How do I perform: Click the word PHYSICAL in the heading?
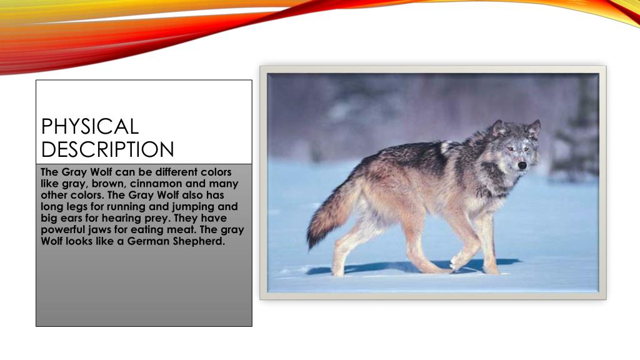89,126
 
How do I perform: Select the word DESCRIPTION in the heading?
107,150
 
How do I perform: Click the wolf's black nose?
522,166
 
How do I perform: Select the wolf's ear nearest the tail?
499,128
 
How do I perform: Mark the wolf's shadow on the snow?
400,267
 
